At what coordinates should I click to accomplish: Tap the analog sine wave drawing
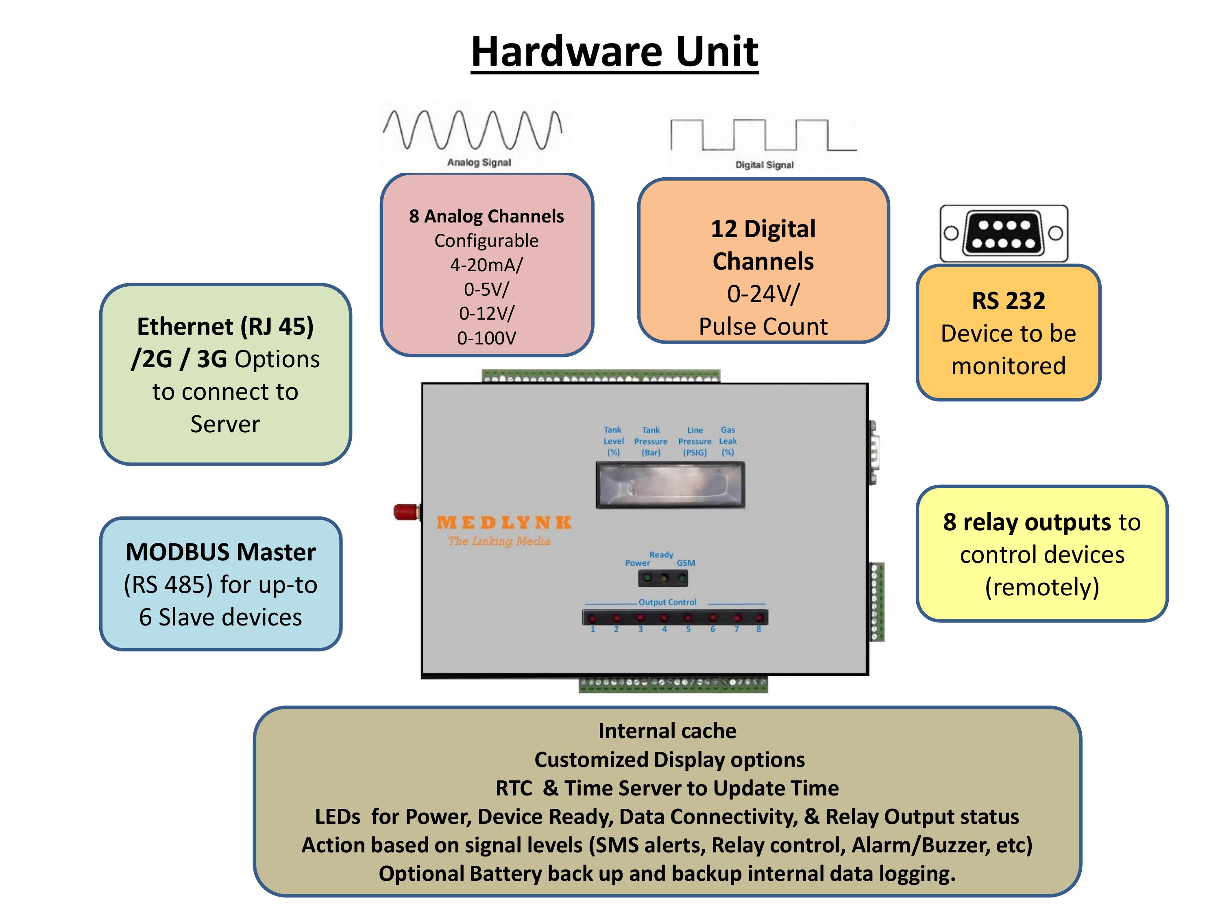tap(473, 130)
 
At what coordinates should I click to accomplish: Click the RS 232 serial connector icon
tap(1004, 233)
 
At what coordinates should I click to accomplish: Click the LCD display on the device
tap(671, 485)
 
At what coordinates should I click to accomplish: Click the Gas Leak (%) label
tap(728, 441)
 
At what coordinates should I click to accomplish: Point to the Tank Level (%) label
tap(613, 441)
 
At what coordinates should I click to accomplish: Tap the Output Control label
tap(667, 602)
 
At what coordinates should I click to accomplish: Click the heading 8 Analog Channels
tap(486, 216)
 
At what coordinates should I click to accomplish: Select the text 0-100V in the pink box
tap(486, 338)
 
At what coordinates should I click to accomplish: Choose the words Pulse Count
tap(763, 327)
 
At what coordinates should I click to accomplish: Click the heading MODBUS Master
tap(220, 552)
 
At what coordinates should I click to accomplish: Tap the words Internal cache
tap(667, 731)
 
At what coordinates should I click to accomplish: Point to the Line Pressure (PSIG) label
tap(695, 441)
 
